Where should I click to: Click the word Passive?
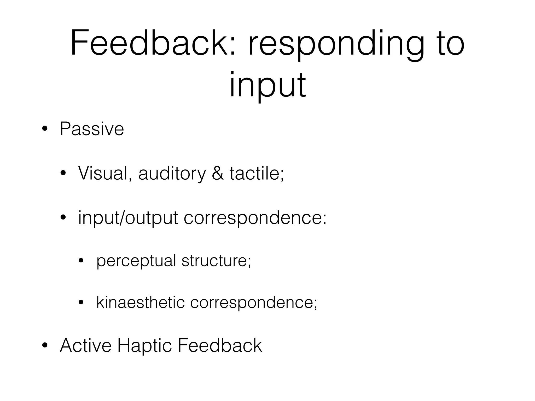tap(92, 129)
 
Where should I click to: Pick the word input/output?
tap(128, 218)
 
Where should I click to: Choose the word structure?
tap(216, 261)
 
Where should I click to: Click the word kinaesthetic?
tap(141, 303)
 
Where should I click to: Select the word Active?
tap(86, 346)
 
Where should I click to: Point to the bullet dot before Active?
tap(45, 346)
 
